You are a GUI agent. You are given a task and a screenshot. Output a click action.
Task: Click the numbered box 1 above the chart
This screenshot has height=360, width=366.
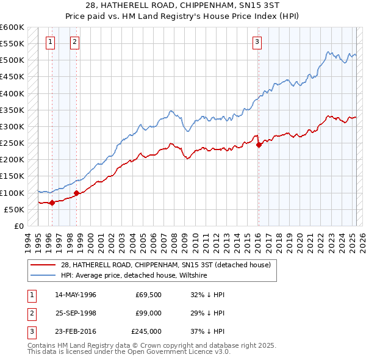(x=49, y=42)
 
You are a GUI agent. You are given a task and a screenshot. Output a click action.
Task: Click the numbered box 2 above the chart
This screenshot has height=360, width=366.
(x=74, y=42)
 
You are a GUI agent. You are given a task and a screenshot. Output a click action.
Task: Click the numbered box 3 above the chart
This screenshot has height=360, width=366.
(x=257, y=42)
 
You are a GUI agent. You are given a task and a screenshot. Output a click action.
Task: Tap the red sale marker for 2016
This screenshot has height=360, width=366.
(x=259, y=145)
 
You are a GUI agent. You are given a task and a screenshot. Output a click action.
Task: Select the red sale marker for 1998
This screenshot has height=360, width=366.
(x=76, y=193)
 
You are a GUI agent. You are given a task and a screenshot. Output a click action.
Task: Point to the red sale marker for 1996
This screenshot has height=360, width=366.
(x=52, y=203)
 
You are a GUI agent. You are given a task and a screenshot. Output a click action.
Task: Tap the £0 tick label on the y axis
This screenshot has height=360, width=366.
(x=18, y=226)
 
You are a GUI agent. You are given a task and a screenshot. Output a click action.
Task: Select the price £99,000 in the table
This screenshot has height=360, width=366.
(x=148, y=313)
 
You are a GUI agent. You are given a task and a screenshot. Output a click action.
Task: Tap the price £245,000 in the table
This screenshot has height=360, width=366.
(x=146, y=331)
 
